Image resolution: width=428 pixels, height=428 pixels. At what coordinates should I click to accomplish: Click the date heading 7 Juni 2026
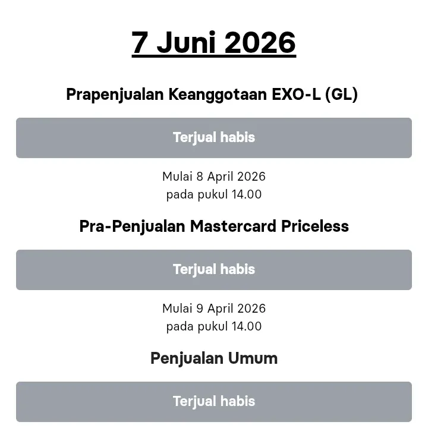pos(214,43)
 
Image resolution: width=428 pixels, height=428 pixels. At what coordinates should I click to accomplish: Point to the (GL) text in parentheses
pos(342,95)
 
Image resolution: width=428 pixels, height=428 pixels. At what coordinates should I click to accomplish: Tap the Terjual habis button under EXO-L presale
pos(214,138)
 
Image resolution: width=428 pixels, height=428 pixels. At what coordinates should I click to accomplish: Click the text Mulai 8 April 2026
pos(214,177)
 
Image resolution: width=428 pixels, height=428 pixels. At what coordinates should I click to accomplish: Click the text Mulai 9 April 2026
pos(214,309)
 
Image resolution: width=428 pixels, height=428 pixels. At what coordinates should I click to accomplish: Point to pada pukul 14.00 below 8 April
pos(214,194)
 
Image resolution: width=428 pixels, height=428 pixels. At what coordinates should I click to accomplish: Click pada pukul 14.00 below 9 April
pos(214,326)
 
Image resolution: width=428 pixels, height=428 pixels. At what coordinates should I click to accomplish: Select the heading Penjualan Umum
pos(214,358)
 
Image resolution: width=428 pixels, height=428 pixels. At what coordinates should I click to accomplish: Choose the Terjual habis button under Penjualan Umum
pos(214,402)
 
